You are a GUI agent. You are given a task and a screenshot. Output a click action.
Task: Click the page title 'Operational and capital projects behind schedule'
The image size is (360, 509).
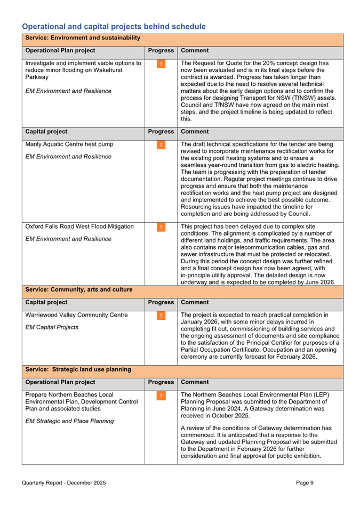[x=114, y=26]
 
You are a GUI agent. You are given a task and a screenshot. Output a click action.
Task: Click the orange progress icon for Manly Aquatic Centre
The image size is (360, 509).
[x=161, y=144]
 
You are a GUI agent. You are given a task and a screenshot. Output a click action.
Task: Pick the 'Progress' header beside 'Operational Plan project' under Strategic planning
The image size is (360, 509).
[x=161, y=382]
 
